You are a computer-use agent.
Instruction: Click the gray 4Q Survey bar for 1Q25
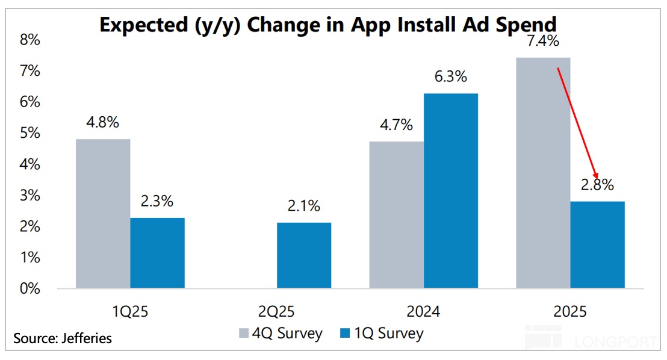click(103, 214)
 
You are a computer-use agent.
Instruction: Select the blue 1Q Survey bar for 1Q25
click(158, 253)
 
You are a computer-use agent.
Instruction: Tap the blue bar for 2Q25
click(304, 255)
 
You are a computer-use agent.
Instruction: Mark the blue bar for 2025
click(598, 244)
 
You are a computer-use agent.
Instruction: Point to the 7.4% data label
click(543, 42)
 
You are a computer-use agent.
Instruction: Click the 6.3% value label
click(451, 77)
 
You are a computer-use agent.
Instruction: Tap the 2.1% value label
click(304, 206)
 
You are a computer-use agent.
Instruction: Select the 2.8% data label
click(598, 185)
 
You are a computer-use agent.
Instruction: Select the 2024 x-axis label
click(423, 312)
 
